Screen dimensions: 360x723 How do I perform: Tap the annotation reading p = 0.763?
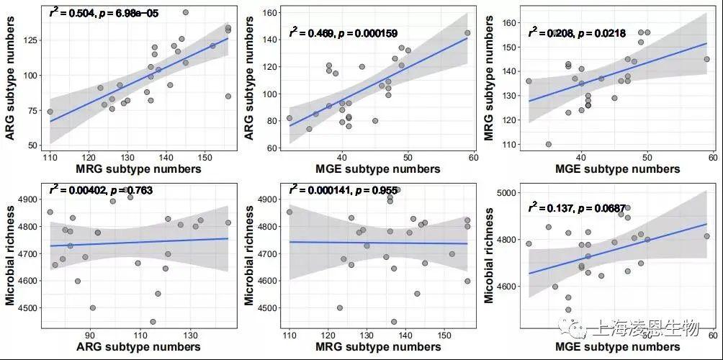101,190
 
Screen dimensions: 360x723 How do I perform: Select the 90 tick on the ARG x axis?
91,335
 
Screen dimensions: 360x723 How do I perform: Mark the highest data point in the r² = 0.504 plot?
186,12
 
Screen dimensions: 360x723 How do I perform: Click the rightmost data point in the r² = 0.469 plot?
467,32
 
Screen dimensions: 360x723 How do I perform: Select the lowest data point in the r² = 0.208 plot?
549,144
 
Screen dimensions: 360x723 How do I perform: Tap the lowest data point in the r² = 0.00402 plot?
153,322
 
